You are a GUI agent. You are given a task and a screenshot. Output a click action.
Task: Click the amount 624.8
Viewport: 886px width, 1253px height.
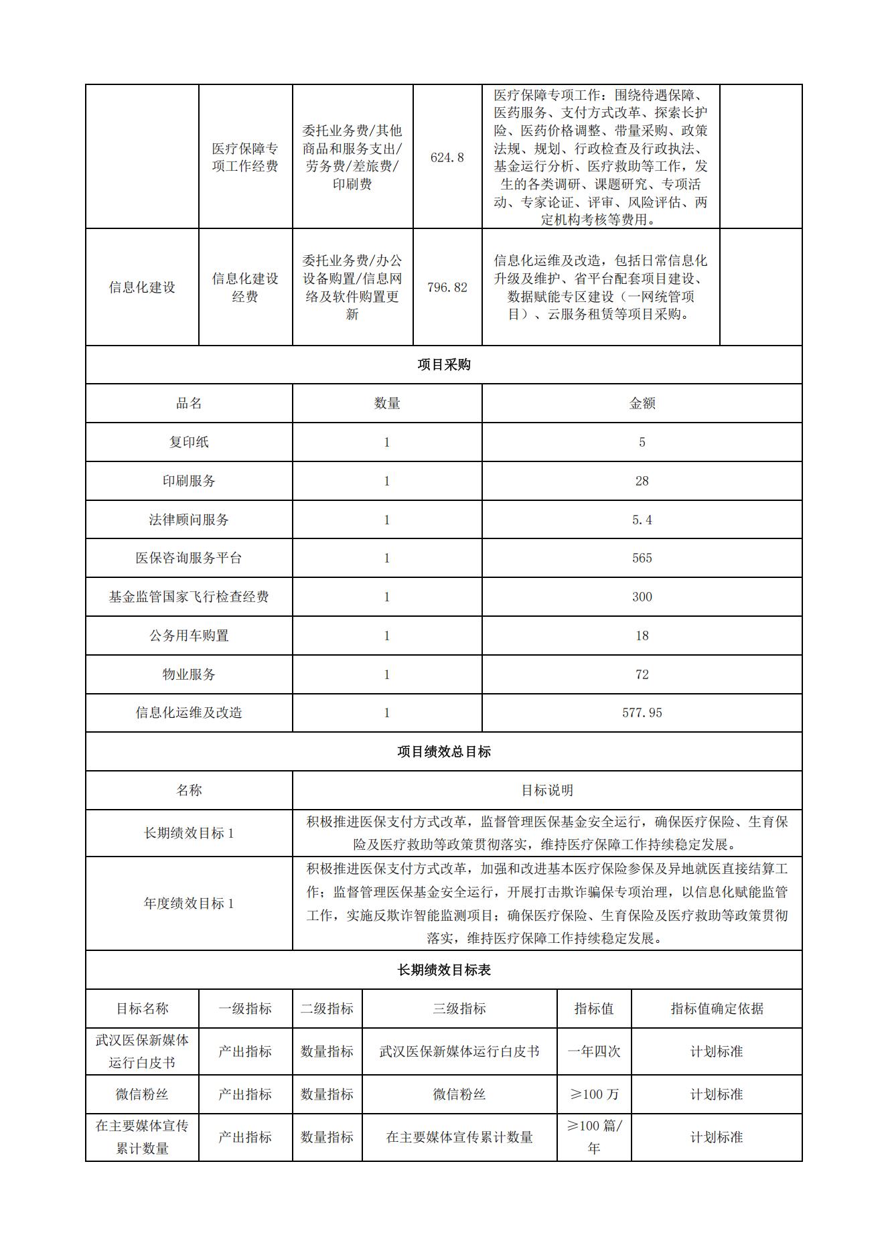447,157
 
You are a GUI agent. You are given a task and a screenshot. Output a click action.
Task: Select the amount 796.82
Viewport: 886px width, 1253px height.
447,287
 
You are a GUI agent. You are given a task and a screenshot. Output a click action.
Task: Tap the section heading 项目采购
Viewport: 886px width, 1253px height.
443,364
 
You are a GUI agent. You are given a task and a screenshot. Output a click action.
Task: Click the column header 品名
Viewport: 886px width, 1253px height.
189,403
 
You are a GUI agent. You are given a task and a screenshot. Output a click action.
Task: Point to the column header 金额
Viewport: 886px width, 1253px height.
642,403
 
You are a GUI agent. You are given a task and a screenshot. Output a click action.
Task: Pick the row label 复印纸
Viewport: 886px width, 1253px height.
189,442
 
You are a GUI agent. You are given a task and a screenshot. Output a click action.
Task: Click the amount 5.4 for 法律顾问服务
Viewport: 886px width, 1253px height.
642,520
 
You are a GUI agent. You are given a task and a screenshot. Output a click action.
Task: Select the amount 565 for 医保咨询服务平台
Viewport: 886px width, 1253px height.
642,558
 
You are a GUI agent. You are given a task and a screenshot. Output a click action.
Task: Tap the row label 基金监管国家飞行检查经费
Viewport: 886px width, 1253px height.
189,597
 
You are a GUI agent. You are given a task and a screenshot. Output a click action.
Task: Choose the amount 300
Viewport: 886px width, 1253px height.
642,597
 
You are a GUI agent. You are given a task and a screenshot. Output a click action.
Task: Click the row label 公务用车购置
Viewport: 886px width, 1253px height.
189,636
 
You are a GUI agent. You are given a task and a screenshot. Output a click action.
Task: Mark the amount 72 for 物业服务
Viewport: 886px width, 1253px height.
642,674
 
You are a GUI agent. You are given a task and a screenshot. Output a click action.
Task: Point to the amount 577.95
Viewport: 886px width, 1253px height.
642,713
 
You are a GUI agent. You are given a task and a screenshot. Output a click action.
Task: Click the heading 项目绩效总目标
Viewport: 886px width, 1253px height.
443,751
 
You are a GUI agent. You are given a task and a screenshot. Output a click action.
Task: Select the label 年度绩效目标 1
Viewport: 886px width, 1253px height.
189,903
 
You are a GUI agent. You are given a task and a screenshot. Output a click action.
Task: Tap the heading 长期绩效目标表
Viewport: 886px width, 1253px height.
443,970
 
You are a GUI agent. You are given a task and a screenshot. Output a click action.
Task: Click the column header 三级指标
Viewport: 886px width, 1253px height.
459,1009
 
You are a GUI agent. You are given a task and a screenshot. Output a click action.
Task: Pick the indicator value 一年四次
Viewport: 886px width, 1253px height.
593,1051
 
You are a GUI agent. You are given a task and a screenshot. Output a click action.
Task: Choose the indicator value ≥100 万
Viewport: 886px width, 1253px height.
593,1094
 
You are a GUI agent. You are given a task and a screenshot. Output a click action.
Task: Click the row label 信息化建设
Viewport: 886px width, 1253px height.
142,287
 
